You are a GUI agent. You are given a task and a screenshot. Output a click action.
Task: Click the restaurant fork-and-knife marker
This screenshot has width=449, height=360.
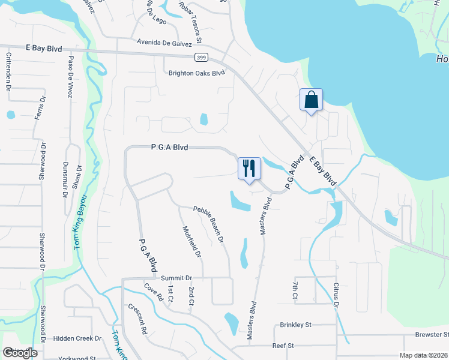point(249,169)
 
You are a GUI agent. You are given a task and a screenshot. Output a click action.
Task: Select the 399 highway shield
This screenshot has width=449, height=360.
point(201,58)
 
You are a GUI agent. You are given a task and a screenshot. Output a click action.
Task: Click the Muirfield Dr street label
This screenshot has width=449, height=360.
point(191,241)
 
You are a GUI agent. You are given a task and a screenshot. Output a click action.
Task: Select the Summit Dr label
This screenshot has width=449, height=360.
point(176,278)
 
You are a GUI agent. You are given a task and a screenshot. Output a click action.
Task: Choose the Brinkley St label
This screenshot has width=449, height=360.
point(295,325)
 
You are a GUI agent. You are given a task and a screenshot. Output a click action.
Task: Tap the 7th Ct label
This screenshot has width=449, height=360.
point(295,289)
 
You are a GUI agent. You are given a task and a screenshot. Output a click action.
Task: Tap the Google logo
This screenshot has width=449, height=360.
point(20,353)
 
